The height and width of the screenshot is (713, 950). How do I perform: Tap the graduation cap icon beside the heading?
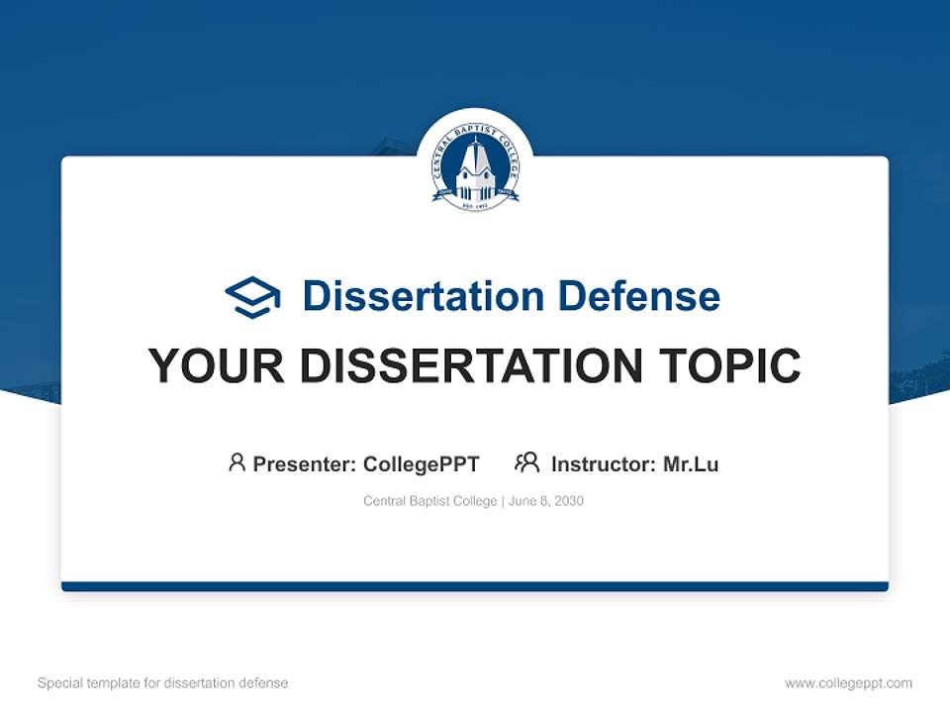click(x=252, y=297)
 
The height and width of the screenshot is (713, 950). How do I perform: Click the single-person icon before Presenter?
click(x=237, y=462)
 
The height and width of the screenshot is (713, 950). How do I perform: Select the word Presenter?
click(x=304, y=463)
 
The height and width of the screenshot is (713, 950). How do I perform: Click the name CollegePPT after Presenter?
click(x=422, y=463)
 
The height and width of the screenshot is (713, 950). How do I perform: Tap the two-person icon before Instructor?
click(x=527, y=462)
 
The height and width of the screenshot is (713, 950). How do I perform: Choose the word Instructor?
click(x=603, y=463)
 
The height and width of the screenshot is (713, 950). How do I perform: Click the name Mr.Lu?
click(x=691, y=463)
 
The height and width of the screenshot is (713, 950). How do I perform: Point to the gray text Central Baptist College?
click(x=430, y=501)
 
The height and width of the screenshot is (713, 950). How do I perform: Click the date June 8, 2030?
click(x=546, y=501)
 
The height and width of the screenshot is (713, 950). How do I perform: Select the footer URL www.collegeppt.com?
click(x=848, y=683)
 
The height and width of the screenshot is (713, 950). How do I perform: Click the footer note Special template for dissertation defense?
click(x=163, y=683)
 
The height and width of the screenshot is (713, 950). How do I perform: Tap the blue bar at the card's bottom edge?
click(x=475, y=586)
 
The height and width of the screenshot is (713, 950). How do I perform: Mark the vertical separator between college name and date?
click(x=503, y=501)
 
